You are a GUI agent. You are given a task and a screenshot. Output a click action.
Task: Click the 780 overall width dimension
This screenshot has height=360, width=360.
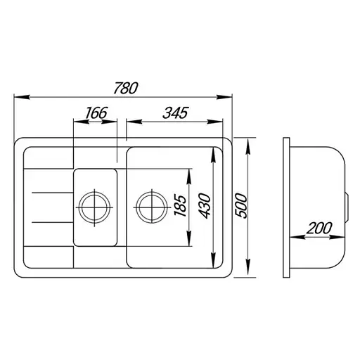pos(126,88)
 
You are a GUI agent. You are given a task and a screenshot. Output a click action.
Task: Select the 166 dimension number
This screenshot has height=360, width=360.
pos(96,113)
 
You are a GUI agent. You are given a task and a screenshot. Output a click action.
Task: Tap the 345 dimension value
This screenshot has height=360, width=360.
pos(176,113)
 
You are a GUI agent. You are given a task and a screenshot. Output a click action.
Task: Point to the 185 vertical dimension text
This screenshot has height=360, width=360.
pos(180,205)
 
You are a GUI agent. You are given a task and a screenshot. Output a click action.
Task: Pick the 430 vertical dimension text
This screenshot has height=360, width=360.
pos(204,206)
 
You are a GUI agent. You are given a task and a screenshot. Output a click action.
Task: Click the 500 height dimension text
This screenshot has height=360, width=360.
pos(241,206)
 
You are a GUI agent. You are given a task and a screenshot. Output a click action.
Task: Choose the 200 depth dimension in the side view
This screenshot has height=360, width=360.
pos(319,228)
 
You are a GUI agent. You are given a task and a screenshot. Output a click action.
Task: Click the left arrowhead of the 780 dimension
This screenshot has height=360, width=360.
pos(22,97)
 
